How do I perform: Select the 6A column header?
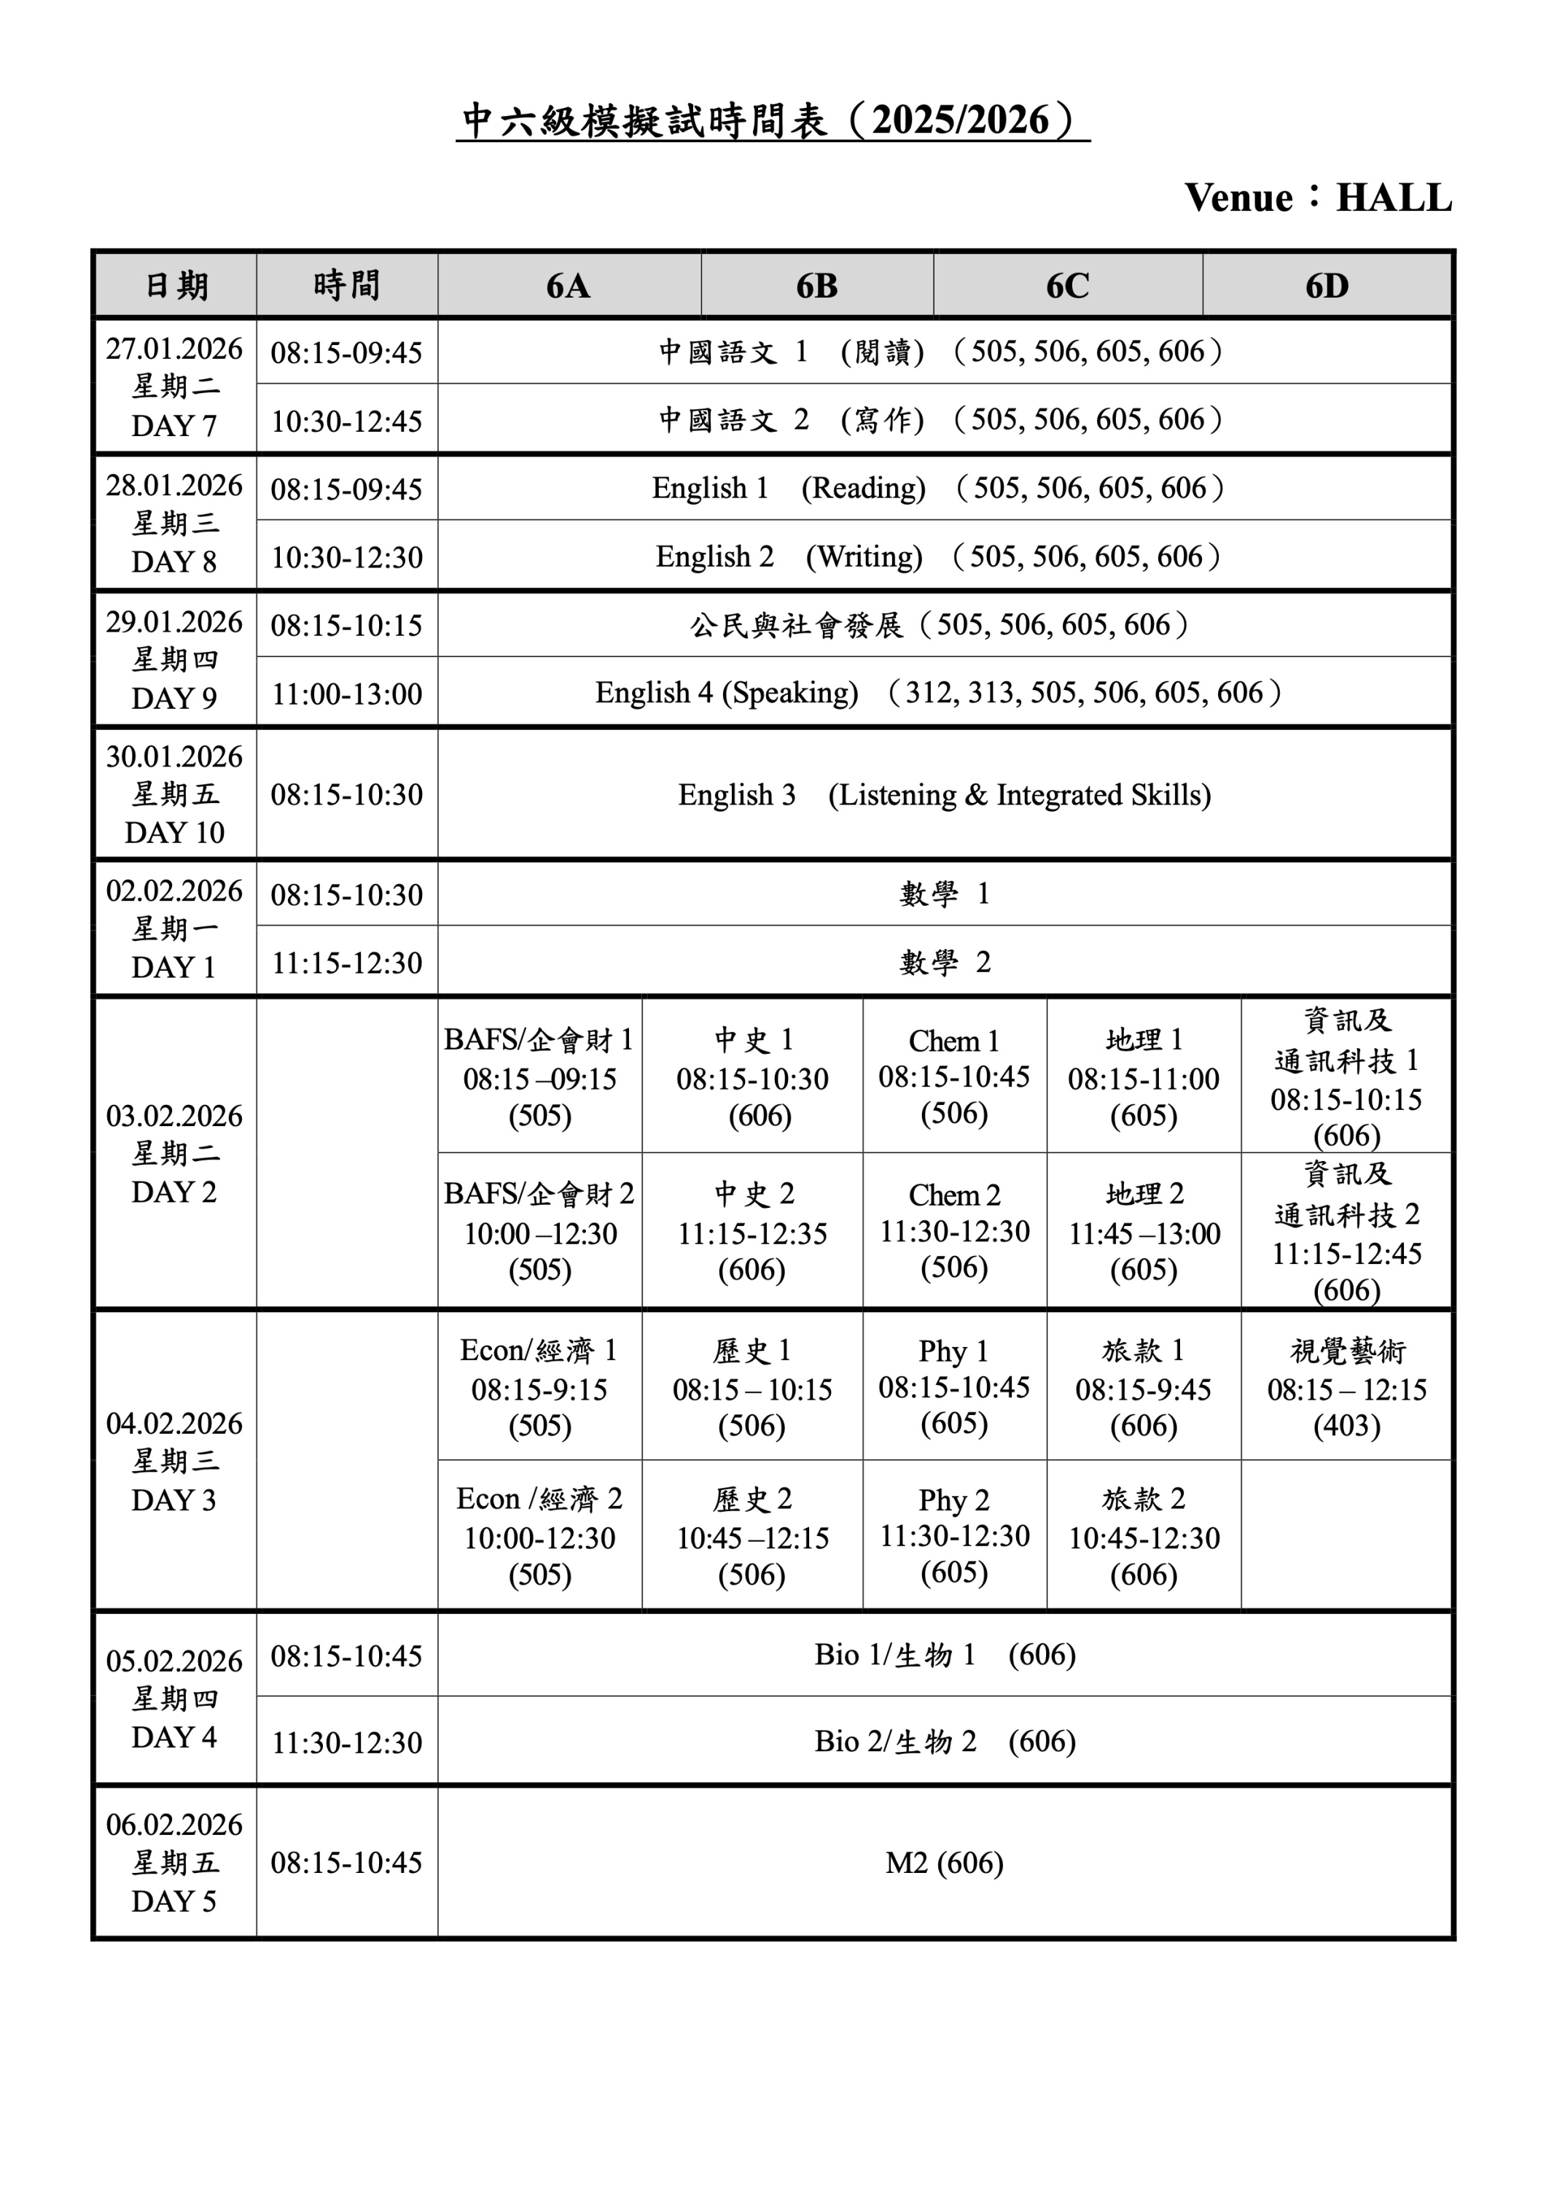pyautogui.click(x=569, y=285)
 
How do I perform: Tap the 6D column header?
pyautogui.click(x=1327, y=285)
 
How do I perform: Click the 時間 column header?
pyautogui.click(x=347, y=285)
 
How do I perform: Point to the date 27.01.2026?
pyautogui.click(x=174, y=349)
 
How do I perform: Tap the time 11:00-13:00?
pyautogui.click(x=347, y=694)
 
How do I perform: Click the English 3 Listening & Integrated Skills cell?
pyautogui.click(x=943, y=795)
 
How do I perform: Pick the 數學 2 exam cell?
pyautogui.click(x=943, y=963)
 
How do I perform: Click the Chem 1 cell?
pyautogui.click(x=953, y=1076)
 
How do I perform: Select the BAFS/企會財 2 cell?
pyautogui.click(x=539, y=1231)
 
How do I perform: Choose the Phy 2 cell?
pyautogui.click(x=953, y=1535)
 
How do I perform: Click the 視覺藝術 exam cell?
pyautogui.click(x=1346, y=1387)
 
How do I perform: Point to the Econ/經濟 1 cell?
pyautogui.click(x=539, y=1387)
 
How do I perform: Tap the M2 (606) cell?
pyautogui.click(x=943, y=1863)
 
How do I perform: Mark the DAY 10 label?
pyautogui.click(x=174, y=833)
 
